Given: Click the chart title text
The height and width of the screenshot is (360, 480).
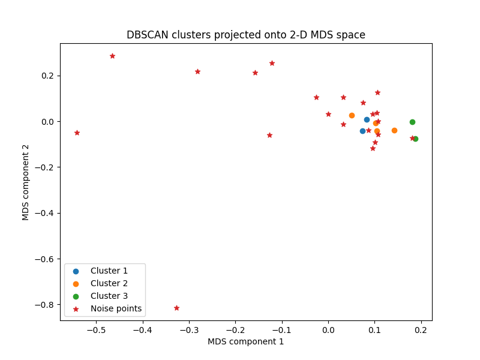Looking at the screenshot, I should pyautogui.click(x=245, y=35).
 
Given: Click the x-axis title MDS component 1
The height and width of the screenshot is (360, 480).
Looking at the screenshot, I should pyautogui.click(x=245, y=341).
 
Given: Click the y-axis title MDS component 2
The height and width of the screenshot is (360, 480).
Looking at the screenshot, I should pyautogui.click(x=26, y=182).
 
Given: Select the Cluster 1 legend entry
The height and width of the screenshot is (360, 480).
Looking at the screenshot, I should pyautogui.click(x=109, y=271).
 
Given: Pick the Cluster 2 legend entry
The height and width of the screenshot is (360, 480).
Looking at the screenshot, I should pyautogui.click(x=109, y=283).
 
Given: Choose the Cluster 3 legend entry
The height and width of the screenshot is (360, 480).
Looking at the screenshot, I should pyautogui.click(x=109, y=296).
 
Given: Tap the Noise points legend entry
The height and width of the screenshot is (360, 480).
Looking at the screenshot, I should pyautogui.click(x=116, y=308).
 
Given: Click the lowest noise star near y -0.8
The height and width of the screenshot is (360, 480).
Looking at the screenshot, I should pyautogui.click(x=176, y=308).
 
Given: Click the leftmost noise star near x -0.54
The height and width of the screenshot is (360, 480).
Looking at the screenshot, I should pyautogui.click(x=77, y=133).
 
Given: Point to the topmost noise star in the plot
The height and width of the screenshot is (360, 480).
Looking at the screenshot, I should pyautogui.click(x=112, y=56).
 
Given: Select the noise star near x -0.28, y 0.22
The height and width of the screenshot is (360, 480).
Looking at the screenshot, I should pyautogui.click(x=197, y=71).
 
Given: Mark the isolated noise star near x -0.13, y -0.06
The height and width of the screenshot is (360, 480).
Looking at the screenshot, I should pyautogui.click(x=269, y=135).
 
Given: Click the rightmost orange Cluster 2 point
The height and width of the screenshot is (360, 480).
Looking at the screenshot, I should pyautogui.click(x=394, y=130).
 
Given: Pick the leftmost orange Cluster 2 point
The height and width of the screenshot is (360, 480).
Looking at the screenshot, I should pyautogui.click(x=352, y=115).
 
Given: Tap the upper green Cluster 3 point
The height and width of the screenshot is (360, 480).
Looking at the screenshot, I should pyautogui.click(x=412, y=122).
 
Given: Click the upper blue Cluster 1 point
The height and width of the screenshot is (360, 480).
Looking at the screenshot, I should pyautogui.click(x=367, y=119).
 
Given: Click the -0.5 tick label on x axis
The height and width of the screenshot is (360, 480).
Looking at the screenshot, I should pyautogui.click(x=96, y=330).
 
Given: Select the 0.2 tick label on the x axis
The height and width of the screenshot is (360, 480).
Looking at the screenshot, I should pyautogui.click(x=421, y=330).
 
